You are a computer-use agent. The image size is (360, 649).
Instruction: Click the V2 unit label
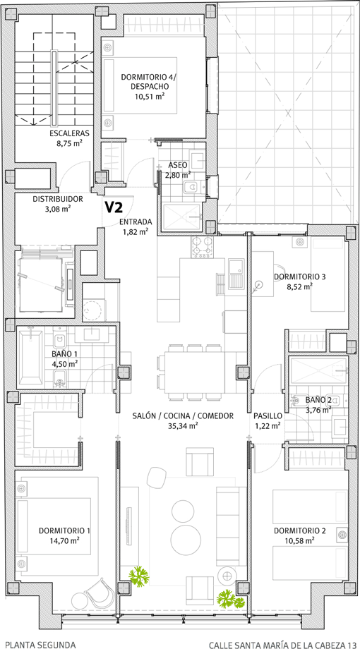coord(114,207)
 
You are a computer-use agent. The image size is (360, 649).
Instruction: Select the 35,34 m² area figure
coord(183,425)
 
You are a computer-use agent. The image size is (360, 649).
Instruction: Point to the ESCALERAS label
coord(70,133)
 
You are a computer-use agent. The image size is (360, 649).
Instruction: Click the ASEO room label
coord(178,165)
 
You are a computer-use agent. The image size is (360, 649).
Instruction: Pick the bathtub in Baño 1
coord(30,356)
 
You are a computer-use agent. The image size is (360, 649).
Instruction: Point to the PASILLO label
coord(268,416)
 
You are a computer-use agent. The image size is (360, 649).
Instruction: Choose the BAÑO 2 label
coord(318,400)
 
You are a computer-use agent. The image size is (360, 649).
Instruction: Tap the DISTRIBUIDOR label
coord(58,199)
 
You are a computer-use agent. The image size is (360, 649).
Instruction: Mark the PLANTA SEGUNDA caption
coord(40,645)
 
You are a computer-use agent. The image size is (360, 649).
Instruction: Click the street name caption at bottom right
coord(282,645)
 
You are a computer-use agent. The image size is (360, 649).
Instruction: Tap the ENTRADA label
coord(136,221)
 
